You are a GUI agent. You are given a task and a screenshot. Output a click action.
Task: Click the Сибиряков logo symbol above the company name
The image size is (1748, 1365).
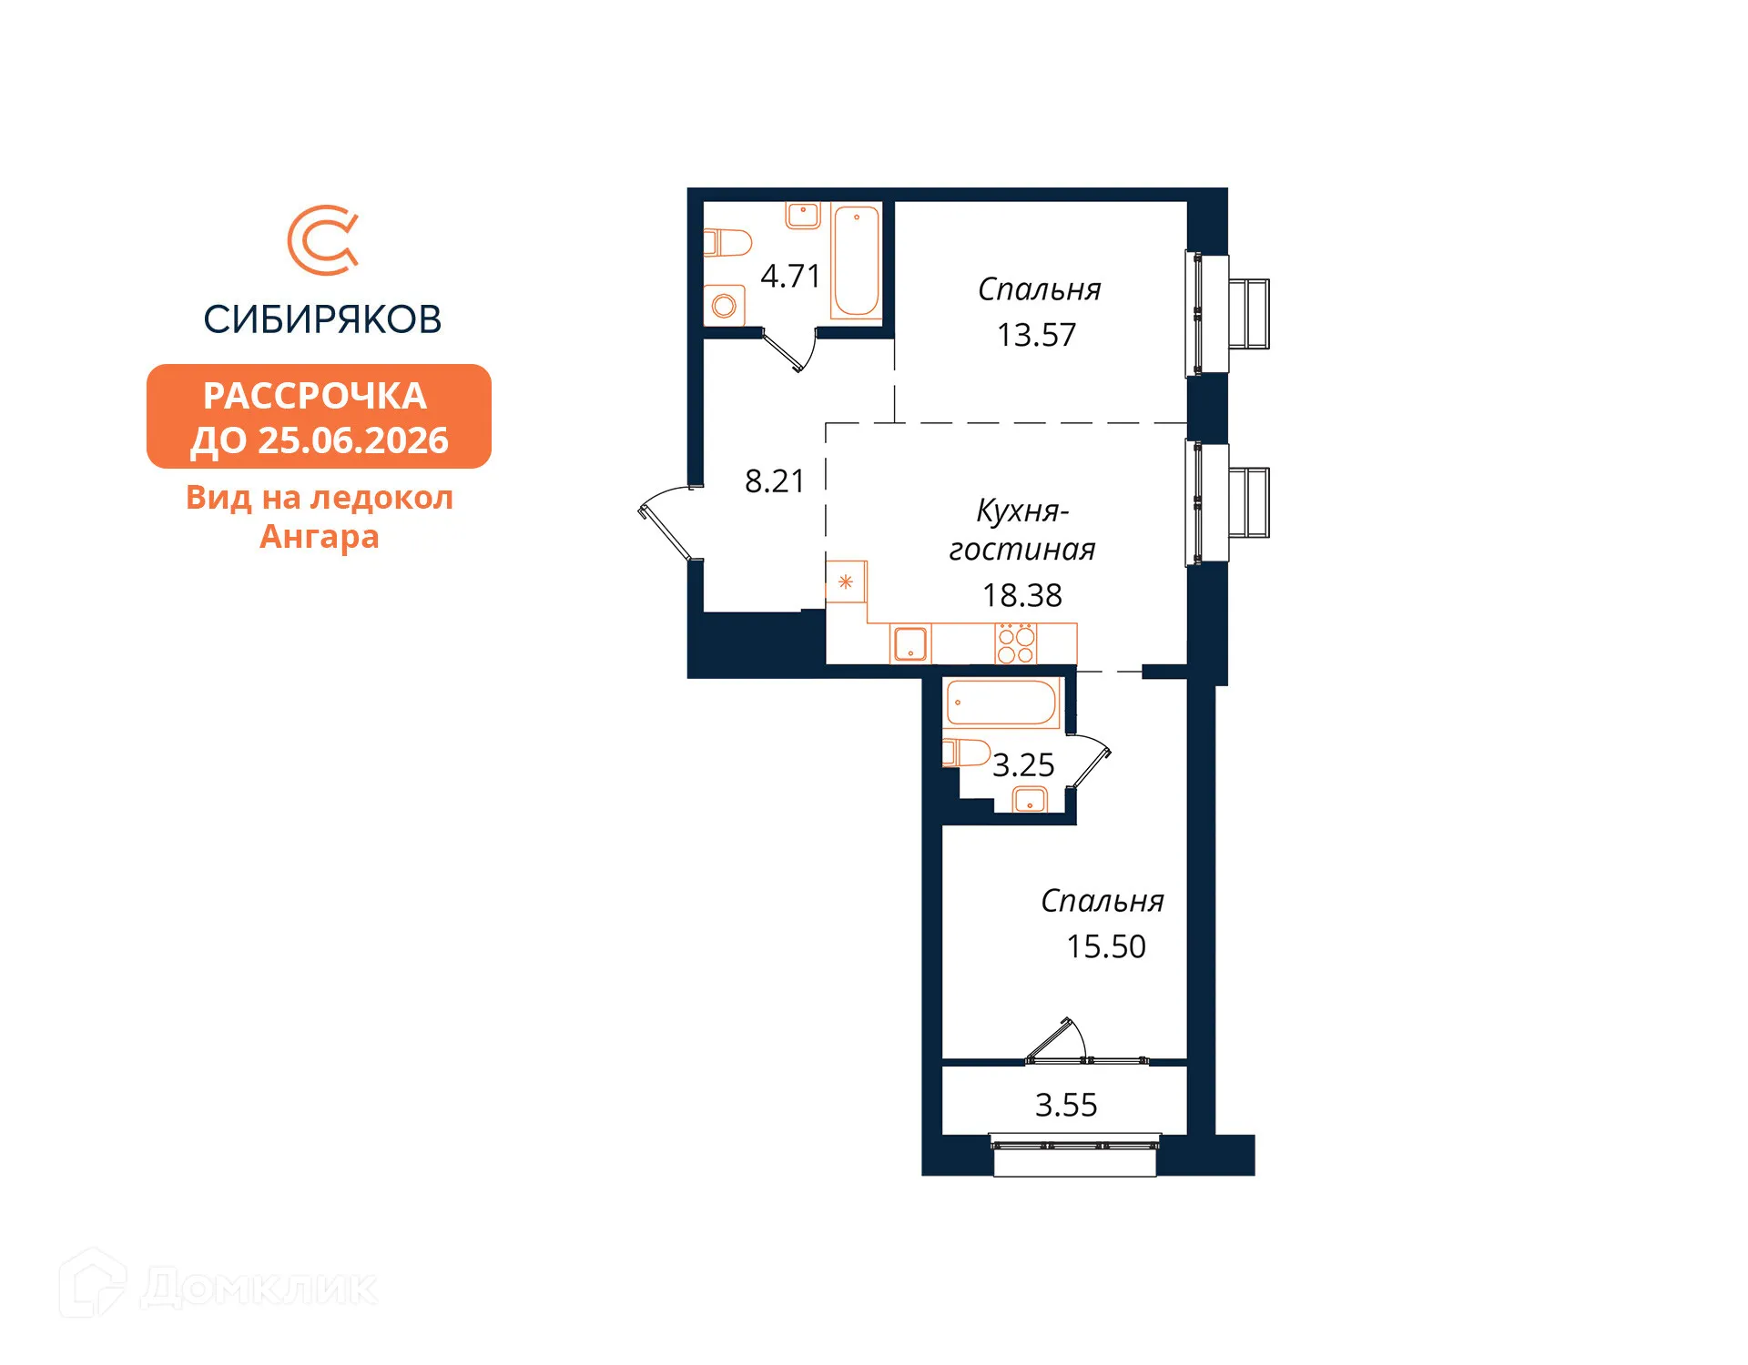pos(323,240)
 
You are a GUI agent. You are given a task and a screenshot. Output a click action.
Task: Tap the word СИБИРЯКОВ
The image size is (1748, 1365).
pos(322,319)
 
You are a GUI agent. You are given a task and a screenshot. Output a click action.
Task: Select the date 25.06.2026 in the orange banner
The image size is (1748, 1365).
pos(353,440)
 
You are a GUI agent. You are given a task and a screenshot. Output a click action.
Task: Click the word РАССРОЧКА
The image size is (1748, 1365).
pos(315,396)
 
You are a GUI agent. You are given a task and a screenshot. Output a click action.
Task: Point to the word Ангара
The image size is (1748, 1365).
pos(319,537)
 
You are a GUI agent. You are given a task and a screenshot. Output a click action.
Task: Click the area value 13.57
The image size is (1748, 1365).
pos(1036,335)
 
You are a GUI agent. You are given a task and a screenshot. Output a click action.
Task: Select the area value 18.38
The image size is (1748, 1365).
pos(1021,595)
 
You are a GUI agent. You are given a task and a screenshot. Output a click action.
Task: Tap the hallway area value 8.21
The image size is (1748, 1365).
pos(774,480)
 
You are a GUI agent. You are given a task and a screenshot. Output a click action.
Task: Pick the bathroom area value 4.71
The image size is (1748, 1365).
pos(790,276)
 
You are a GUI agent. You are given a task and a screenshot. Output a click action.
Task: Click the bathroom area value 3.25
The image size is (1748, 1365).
pos(1023,765)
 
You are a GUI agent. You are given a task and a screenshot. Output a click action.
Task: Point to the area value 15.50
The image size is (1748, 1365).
pos(1106,946)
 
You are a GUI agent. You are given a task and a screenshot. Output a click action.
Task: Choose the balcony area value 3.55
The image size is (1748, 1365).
pos(1066,1105)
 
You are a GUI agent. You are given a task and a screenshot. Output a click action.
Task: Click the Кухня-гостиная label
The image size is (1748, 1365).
pos(1021,530)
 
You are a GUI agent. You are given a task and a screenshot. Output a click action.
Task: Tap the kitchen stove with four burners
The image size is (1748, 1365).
pos(1015,643)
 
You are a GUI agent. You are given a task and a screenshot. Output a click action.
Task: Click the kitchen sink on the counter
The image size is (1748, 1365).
pos(910,643)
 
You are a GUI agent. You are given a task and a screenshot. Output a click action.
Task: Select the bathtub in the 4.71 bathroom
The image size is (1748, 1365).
pos(856,260)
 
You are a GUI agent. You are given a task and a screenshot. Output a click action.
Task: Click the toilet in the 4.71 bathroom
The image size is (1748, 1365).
pos(727,243)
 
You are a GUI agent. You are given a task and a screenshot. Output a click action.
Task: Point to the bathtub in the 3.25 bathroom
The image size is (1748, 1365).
pos(1001,703)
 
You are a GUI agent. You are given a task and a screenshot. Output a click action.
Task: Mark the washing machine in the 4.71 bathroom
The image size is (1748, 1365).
pos(724,306)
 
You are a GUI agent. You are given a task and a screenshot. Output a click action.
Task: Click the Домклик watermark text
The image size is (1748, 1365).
pos(259,1288)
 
